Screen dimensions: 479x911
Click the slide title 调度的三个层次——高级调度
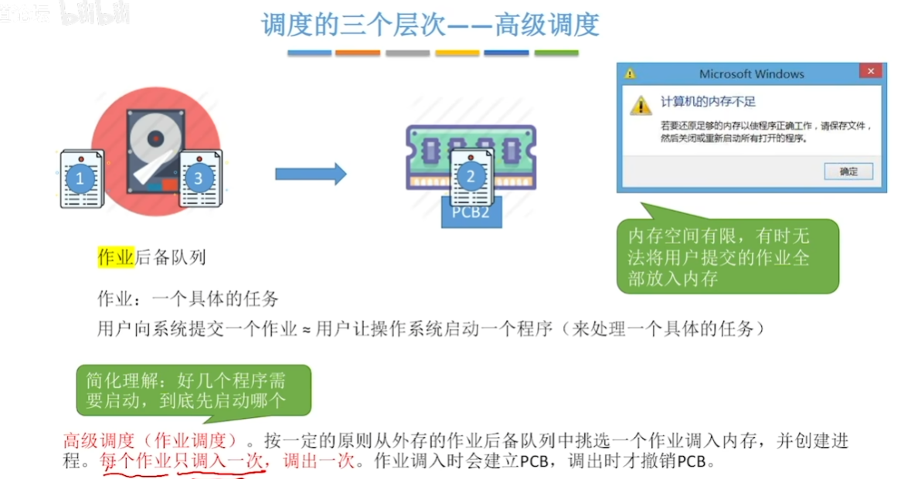click(430, 25)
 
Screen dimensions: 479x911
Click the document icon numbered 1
click(81, 178)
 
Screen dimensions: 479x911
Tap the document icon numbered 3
click(199, 178)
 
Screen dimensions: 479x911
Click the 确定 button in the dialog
click(848, 172)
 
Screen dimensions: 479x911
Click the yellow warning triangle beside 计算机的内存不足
click(640, 104)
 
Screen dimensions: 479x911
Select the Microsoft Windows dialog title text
click(751, 74)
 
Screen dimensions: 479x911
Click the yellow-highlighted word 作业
click(116, 257)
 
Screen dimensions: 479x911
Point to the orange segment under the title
click(358, 53)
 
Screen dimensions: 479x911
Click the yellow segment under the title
click(457, 53)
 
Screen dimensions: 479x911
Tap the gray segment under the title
click(407, 53)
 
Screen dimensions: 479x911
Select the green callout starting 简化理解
click(193, 390)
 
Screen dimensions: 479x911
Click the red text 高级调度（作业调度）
click(155, 441)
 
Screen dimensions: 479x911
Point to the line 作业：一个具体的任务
click(187, 299)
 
